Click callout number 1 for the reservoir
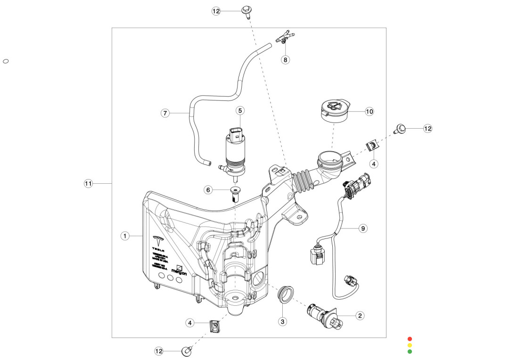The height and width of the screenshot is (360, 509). coord(125,236)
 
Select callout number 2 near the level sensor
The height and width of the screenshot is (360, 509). coord(360,316)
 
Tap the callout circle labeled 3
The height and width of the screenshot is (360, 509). coord(282,322)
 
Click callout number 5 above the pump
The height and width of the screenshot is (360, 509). coord(240,111)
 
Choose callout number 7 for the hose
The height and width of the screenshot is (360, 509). coord(165,113)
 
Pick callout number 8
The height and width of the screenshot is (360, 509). coord(285,60)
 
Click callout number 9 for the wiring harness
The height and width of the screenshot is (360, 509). coord(362,229)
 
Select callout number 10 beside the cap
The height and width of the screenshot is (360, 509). coord(369,112)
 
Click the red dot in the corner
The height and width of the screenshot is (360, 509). coord(410,339)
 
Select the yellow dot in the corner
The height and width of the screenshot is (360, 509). coord(410,345)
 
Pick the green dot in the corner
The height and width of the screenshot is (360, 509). coord(410,351)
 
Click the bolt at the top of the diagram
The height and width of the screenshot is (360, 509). coord(246,11)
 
